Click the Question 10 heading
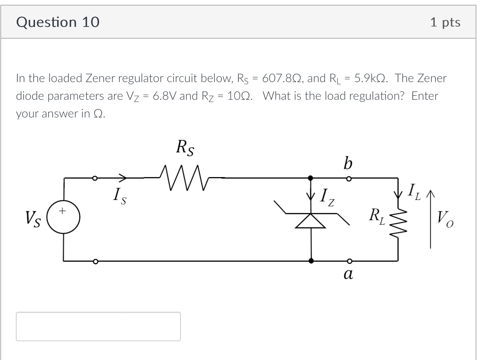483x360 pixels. pyautogui.click(x=58, y=22)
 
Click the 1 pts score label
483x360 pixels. pyautogui.click(x=445, y=22)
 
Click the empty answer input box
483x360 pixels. pyautogui.click(x=98, y=326)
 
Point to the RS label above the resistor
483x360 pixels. pyautogui.click(x=185, y=148)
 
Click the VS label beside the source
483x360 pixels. pyautogui.click(x=33, y=219)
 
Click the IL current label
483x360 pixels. pyautogui.click(x=414, y=192)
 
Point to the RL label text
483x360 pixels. pyautogui.click(x=377, y=216)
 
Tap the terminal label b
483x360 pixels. pyautogui.click(x=347, y=162)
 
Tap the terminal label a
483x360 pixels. pyautogui.click(x=347, y=274)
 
